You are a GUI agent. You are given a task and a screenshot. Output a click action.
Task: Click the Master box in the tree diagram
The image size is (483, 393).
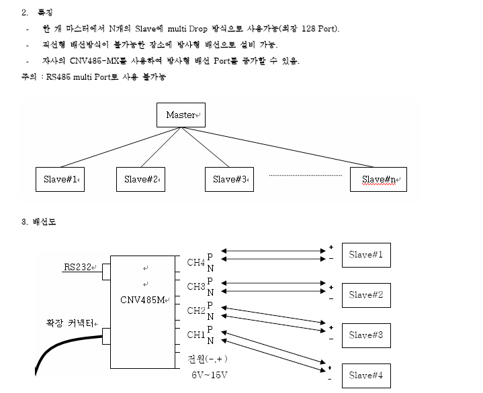click(x=181, y=115)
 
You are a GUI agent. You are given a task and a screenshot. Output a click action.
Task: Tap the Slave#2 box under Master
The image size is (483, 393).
click(x=141, y=179)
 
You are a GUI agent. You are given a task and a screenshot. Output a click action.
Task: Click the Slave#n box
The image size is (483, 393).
click(x=378, y=180)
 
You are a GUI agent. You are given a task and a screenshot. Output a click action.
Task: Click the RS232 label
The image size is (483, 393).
click(x=77, y=268)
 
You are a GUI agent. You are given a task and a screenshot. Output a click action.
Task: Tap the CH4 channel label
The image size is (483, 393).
click(x=195, y=262)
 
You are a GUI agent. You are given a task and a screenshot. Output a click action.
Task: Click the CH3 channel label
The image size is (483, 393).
click(x=195, y=287)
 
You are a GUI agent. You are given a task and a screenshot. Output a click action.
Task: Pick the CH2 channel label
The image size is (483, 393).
click(x=195, y=311)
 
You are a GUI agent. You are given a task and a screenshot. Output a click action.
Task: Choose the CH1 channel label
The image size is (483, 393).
click(x=195, y=334)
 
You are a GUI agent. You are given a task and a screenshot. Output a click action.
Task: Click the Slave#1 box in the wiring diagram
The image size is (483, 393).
click(x=365, y=255)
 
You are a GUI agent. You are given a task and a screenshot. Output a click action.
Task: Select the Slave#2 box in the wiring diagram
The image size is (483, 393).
click(x=365, y=294)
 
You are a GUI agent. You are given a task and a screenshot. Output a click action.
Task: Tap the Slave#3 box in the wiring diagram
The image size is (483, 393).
click(x=365, y=335)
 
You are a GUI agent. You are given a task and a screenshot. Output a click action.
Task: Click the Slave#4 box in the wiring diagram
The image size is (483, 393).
click(x=365, y=375)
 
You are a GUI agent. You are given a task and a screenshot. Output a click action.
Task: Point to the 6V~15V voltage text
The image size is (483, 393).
click(x=210, y=374)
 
